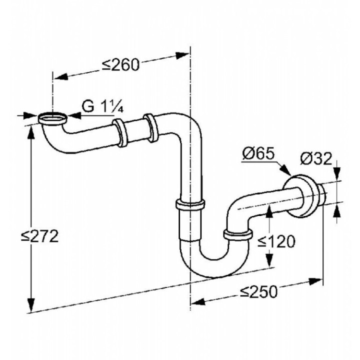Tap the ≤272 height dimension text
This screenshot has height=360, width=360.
pos(42,235)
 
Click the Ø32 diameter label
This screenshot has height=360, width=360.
pos(316,158)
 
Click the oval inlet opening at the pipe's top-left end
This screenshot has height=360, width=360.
pos(52,118)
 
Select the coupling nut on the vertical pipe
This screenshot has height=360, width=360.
pos(190,204)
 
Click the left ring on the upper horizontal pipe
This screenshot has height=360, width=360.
pos(119,132)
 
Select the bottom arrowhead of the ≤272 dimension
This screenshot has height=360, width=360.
pos(31,306)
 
